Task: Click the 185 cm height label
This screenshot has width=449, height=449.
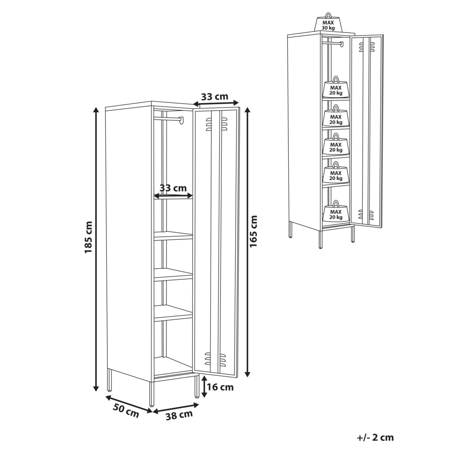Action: (89, 237)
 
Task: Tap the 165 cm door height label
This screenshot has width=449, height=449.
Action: (254, 231)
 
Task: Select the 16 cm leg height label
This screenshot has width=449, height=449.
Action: (220, 387)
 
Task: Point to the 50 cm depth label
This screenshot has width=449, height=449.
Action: (126, 411)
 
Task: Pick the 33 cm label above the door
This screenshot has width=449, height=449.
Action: (215, 97)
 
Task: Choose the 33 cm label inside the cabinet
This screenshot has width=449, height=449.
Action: (173, 188)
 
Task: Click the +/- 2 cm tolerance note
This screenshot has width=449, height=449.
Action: (375, 437)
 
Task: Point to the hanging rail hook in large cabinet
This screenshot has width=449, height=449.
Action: (181, 120)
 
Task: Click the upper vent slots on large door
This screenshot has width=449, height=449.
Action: (216, 123)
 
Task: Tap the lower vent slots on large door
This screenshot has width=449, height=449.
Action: (216, 358)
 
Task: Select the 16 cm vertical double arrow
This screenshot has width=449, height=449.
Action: (204, 387)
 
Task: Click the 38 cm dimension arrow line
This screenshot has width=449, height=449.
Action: (176, 408)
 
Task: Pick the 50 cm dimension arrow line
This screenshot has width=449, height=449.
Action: (129, 404)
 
